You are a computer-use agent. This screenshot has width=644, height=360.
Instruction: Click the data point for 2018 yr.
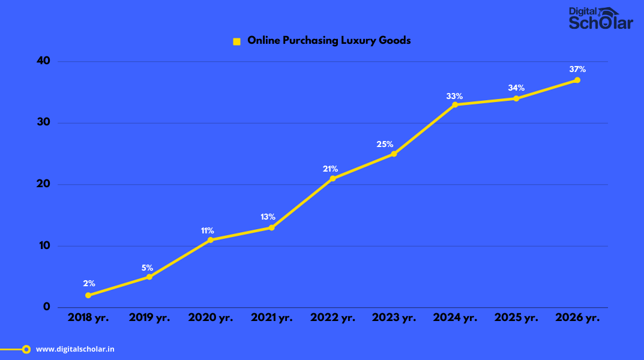click(x=88, y=295)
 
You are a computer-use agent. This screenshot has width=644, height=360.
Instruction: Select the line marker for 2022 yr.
click(x=333, y=179)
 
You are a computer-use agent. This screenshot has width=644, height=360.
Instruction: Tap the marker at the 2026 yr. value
click(x=577, y=80)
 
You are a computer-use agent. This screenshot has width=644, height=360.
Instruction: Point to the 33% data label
click(x=454, y=96)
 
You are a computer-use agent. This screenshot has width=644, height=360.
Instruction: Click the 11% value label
click(x=207, y=231)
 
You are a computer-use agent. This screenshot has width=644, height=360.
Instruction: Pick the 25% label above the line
click(x=385, y=145)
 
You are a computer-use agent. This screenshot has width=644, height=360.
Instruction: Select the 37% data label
click(x=577, y=69)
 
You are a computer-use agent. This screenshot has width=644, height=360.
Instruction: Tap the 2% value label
click(x=89, y=283)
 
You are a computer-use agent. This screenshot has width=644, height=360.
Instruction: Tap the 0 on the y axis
click(x=46, y=307)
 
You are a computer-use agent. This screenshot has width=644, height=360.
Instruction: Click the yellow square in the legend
click(x=236, y=41)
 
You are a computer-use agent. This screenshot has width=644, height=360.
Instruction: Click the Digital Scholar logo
click(x=600, y=18)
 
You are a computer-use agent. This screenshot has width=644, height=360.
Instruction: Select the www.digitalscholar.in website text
click(x=75, y=349)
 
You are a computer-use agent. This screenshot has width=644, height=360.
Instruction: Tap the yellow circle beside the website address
click(x=26, y=349)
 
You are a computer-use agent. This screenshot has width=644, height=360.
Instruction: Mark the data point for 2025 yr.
click(x=516, y=98)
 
